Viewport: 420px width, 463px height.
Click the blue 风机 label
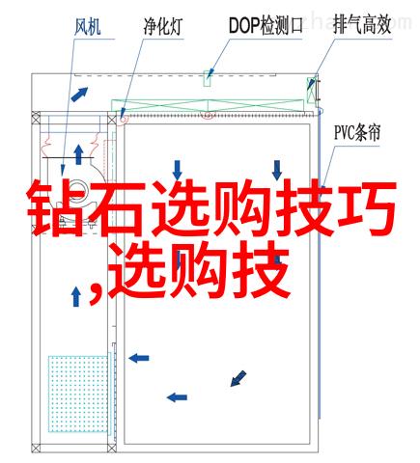coord(88,26)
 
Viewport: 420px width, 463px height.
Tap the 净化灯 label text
coord(163,26)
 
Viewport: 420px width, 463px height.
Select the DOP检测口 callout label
coord(266,26)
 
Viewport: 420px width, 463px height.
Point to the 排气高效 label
coord(362,25)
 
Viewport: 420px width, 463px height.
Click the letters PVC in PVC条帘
coord(344,133)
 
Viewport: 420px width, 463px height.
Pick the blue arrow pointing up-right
coord(79,94)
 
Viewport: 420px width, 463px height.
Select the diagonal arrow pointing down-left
coord(238,378)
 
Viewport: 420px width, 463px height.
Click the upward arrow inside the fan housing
coord(78,154)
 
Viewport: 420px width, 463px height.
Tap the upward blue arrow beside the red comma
coord(76,296)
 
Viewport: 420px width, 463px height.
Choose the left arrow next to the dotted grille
coord(139,358)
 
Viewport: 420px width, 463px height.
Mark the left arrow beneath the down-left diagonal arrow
coord(177,397)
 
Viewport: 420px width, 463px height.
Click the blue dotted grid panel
coord(78,394)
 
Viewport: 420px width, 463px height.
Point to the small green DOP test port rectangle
coord(208,78)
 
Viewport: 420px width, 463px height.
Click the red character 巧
coord(366,208)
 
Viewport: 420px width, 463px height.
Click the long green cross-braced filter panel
coord(208,106)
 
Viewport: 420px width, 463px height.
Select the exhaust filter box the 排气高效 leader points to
coord(312,90)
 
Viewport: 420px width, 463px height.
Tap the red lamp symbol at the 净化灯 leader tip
coord(123,120)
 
